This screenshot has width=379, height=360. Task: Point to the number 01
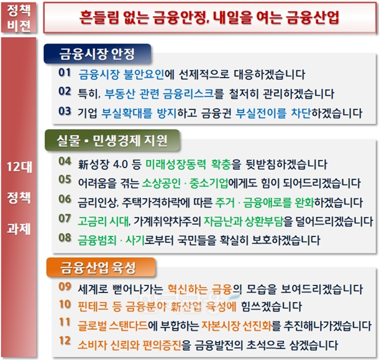(65, 74)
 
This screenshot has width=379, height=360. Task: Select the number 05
(65, 182)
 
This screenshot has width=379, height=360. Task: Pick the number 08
(65, 238)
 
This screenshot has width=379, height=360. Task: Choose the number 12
(65, 343)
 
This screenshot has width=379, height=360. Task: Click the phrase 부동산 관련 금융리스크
(160, 94)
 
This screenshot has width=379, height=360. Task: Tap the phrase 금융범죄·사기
(112, 239)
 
